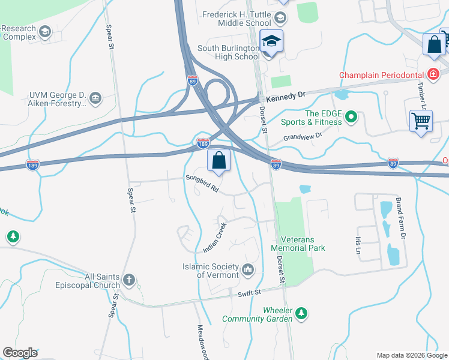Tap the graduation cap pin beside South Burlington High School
[271, 42]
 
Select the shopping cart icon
[421, 121]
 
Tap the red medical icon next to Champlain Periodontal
[433, 74]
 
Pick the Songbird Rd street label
[202, 182]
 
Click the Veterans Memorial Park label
[298, 243]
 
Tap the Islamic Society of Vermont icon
[248, 271]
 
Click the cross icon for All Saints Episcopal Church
[128, 280]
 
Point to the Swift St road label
[250, 292]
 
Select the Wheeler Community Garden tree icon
[303, 314]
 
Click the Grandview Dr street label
[303, 137]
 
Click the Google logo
[20, 353]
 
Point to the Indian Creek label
[213, 238]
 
